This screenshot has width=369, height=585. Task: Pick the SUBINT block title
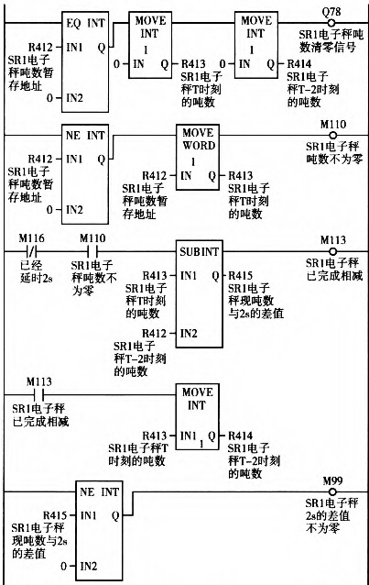199,250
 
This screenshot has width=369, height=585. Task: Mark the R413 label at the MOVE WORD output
240,174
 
